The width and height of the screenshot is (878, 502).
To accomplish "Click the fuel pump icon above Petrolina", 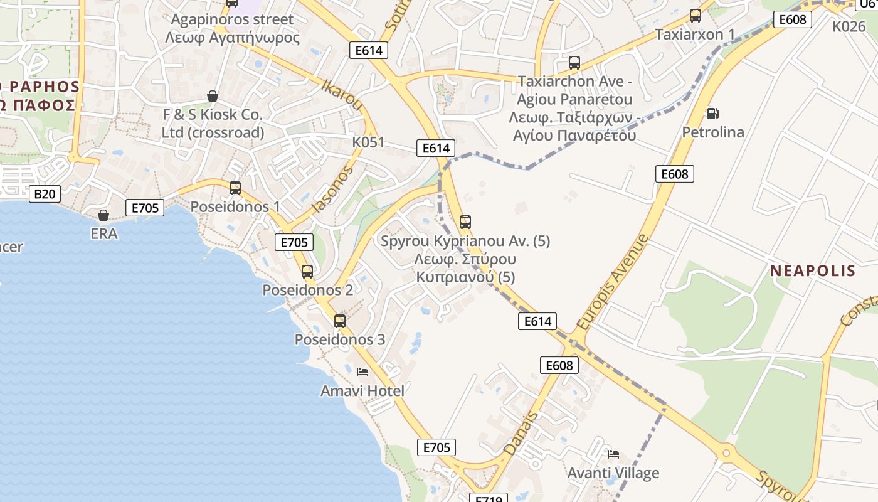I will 712,114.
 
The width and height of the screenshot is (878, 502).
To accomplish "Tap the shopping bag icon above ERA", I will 103,215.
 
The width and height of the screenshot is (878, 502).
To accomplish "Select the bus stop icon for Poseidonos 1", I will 235,188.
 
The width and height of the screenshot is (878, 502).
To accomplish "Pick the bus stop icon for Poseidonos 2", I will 307,271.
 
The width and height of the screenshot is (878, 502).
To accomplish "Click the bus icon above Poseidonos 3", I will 340,321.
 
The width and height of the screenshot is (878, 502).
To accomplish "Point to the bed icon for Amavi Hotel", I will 362,371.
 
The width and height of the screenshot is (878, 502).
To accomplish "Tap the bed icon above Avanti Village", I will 613,454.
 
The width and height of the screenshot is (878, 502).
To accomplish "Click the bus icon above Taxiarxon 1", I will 696,16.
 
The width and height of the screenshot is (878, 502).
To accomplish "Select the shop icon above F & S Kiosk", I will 213,96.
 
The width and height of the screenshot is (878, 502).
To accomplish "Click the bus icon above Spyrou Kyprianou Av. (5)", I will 465,222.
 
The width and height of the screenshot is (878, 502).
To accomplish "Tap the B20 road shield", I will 45,194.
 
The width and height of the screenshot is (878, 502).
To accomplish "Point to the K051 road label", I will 368,142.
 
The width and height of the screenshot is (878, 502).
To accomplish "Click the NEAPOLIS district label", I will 813,270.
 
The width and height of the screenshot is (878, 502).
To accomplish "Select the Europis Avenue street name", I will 613,282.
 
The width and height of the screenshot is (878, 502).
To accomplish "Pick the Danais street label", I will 521,433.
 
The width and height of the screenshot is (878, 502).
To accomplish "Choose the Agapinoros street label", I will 232,19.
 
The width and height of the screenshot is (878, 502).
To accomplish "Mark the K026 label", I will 849,26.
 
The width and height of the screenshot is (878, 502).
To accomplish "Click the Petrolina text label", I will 713,132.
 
